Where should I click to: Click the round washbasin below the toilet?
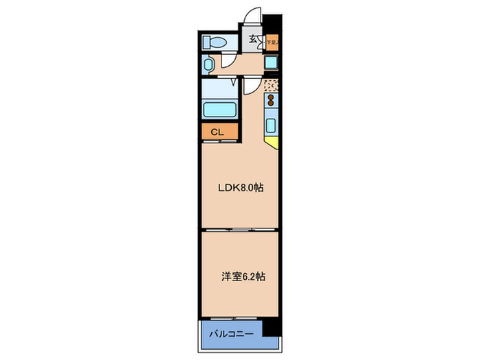[210, 65]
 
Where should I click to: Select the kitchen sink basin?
[272, 126]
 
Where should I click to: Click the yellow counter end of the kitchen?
[272, 143]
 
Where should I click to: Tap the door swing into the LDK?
[252, 85]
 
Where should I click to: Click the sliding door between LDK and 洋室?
[240, 229]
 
